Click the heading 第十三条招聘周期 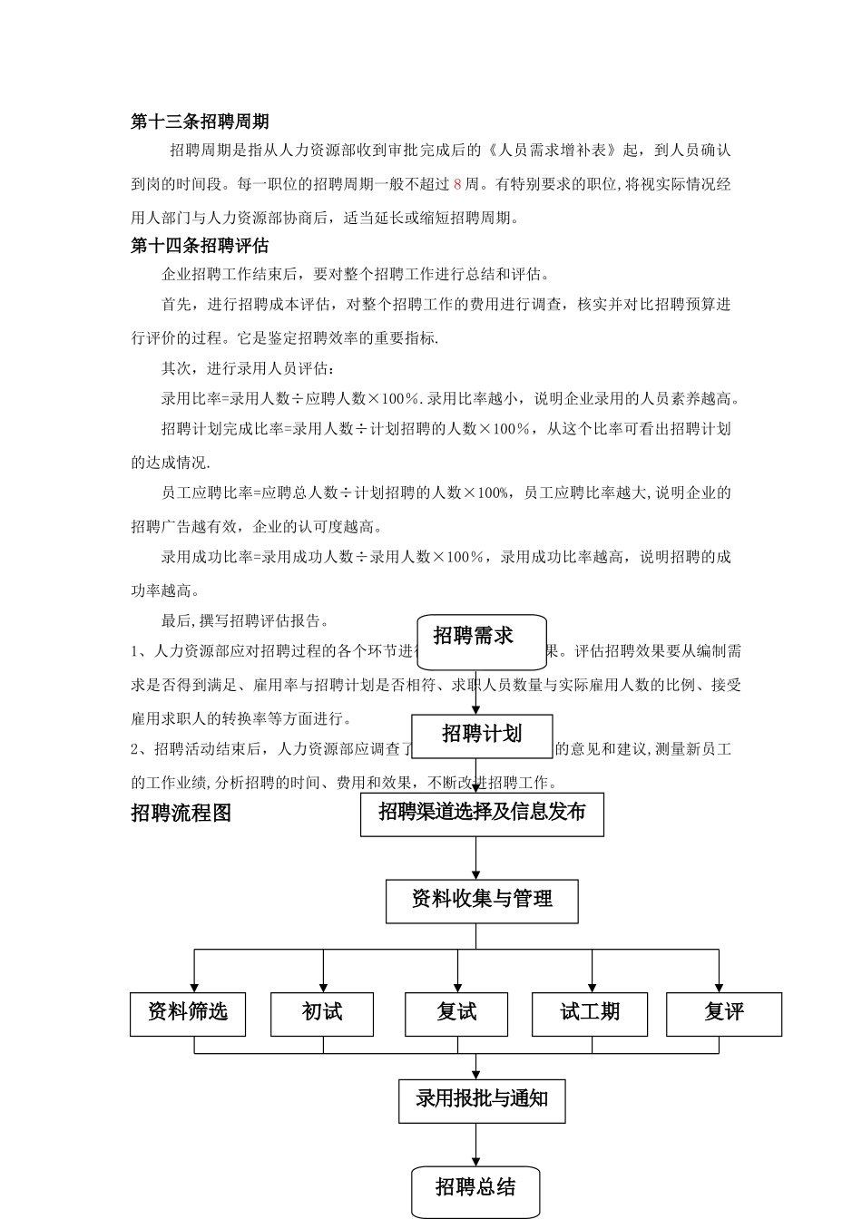tap(200, 122)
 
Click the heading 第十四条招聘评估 tap(200, 246)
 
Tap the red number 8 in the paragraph tap(457, 184)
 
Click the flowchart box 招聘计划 tap(482, 734)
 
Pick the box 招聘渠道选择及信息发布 tap(482, 813)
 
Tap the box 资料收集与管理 tap(482, 900)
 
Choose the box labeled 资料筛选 tap(188, 1012)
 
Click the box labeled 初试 tap(322, 1012)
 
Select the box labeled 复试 tap(456, 1012)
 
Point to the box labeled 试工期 tap(590, 1012)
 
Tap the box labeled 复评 tap(724, 1012)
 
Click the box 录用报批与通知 tap(482, 1100)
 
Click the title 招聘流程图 tap(181, 814)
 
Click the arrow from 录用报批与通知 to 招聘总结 tap(476, 1144)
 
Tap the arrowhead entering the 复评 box tap(719, 987)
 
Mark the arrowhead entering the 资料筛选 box tap(194, 987)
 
